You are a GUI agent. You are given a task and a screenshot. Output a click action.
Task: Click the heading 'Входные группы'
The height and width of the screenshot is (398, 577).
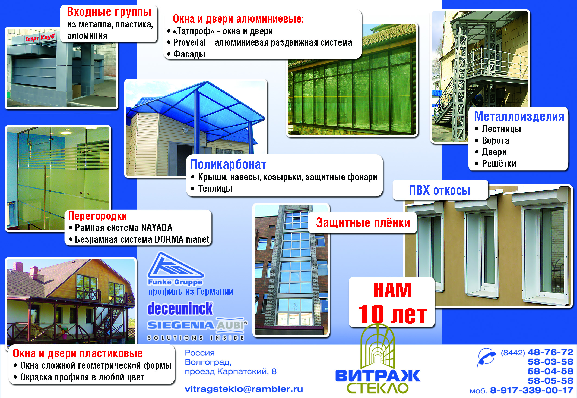click(x=109, y=12)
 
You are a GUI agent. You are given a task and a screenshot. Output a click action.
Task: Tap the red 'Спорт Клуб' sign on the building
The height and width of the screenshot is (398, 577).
click(x=40, y=38)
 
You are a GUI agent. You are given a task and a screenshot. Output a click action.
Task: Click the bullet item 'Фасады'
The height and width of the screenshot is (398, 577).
click(x=189, y=54)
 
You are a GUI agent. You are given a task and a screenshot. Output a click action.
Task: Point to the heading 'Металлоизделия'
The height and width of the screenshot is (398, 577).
click(x=519, y=116)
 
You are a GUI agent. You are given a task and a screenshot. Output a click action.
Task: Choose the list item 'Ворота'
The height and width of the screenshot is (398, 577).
click(x=495, y=140)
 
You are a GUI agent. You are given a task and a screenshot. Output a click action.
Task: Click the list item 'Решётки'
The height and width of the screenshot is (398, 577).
click(x=499, y=164)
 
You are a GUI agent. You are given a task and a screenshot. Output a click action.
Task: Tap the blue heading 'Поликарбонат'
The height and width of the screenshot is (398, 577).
click(x=228, y=164)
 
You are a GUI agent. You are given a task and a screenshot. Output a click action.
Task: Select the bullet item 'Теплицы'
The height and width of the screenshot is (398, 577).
click(x=215, y=189)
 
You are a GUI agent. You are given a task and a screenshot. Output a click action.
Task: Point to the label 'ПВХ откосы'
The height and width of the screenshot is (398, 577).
click(x=439, y=190)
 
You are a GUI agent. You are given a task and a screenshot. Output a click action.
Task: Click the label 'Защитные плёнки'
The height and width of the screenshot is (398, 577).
click(x=363, y=223)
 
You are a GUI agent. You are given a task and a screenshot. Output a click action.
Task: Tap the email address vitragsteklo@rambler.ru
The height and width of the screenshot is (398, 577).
click(x=244, y=389)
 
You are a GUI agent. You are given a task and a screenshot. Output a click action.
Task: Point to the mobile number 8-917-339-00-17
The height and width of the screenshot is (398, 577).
click(x=531, y=390)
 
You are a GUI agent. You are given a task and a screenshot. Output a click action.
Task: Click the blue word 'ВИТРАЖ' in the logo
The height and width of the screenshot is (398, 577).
click(x=378, y=376)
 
